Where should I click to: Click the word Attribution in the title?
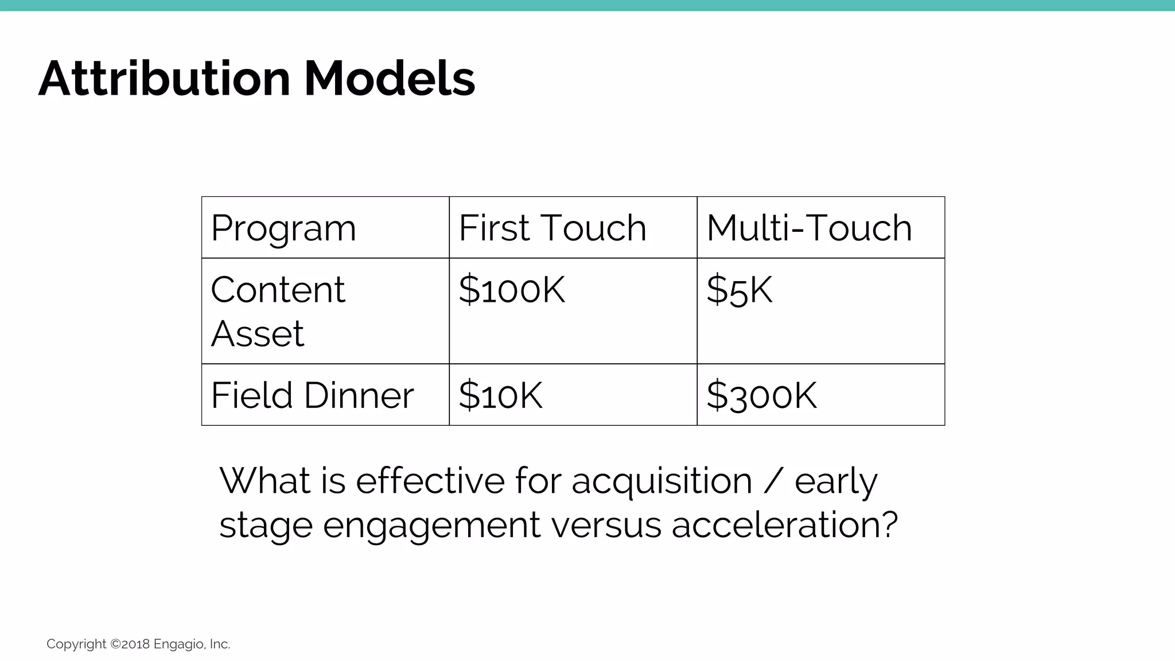tap(165, 79)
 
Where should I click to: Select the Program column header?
tap(283, 228)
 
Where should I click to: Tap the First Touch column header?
tap(552, 228)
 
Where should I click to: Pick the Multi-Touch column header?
tap(809, 228)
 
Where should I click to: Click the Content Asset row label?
tap(278, 311)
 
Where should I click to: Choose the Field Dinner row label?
tap(312, 395)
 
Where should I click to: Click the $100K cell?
tap(512, 290)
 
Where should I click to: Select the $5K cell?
tap(739, 290)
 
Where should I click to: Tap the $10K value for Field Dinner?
tap(500, 395)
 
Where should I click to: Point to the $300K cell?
tap(761, 395)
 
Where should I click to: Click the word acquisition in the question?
tap(661, 481)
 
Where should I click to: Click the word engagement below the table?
tap(431, 526)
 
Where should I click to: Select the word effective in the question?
tap(430, 481)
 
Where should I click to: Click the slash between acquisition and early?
tap(773, 481)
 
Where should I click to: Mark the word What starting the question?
tap(264, 481)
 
